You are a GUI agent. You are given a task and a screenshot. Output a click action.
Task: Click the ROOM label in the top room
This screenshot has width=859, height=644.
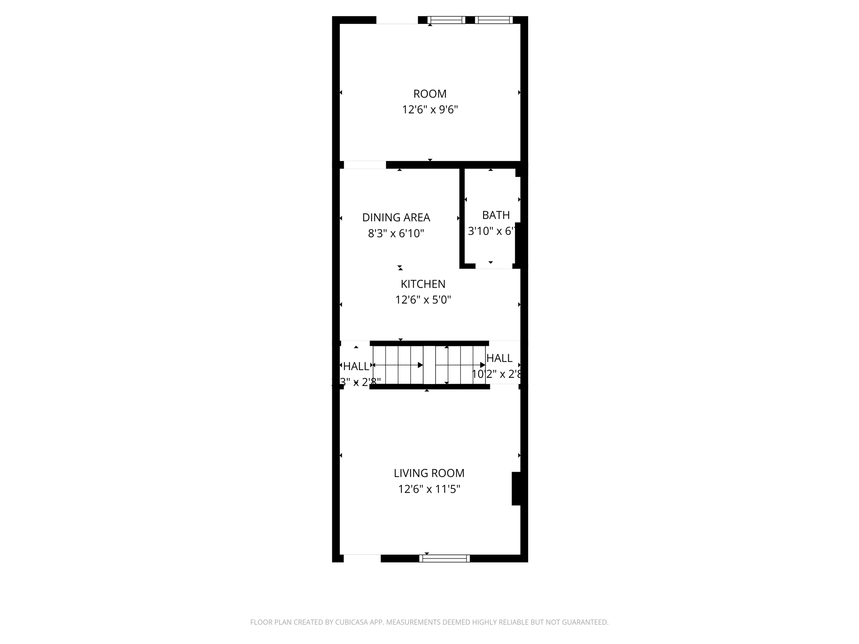pos(429,93)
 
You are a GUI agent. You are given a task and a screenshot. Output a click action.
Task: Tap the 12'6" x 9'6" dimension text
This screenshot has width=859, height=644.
pos(429,109)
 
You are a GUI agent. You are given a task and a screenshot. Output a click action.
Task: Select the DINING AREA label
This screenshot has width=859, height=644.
pos(396,217)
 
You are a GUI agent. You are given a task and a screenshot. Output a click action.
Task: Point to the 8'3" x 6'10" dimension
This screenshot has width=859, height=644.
pos(396,233)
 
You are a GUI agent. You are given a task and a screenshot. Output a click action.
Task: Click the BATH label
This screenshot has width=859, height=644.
pos(496,215)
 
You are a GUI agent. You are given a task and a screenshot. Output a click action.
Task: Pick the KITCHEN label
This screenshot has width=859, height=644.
pos(423,284)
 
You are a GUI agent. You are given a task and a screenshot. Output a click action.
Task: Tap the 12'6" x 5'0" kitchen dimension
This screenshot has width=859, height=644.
pos(423,300)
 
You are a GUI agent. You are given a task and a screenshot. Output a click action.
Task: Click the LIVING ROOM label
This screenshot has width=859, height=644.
pos(429,473)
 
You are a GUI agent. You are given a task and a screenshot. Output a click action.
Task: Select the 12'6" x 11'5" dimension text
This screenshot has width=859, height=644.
pos(429,489)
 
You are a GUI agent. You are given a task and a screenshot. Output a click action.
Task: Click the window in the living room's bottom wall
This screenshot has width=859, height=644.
pos(444,558)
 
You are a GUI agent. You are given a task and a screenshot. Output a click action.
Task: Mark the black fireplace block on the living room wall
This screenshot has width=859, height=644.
pos(516,488)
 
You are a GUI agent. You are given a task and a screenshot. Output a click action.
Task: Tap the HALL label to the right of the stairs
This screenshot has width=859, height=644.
pos(499,358)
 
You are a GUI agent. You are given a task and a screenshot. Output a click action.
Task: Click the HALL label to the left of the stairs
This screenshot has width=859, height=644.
pos(356,366)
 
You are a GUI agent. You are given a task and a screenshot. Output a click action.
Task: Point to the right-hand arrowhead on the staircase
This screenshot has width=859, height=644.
pos(482,365)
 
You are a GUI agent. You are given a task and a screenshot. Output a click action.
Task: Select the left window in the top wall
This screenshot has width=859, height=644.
pos(446,20)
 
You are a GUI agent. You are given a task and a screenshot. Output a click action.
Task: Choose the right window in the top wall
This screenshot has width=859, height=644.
pos(494,20)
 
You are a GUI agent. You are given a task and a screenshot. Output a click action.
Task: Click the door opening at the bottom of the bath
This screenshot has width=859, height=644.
pos(494,266)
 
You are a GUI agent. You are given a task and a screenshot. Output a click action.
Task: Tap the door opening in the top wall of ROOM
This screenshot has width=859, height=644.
pos(397,20)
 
